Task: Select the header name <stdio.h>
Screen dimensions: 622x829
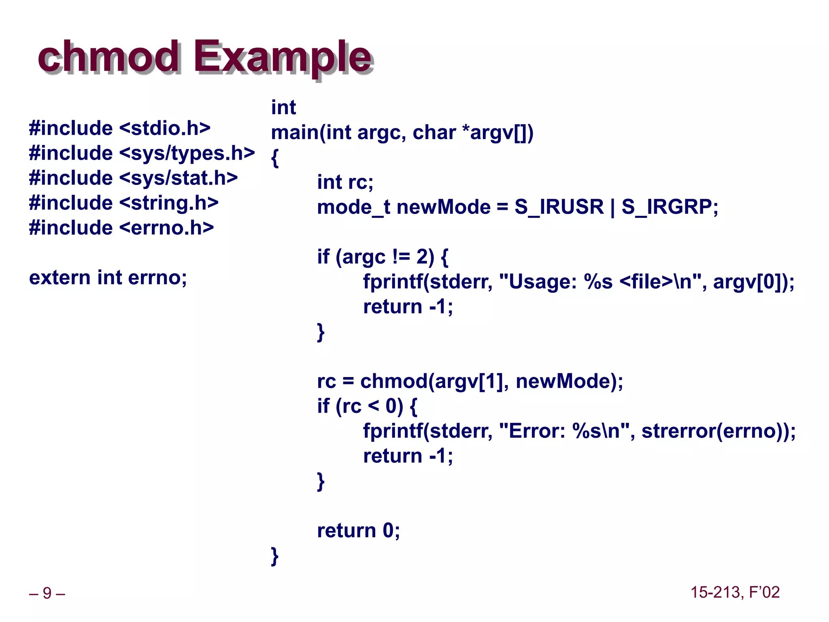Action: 165,128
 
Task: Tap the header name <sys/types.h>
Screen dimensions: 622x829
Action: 187,153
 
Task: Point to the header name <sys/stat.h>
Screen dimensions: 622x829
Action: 179,178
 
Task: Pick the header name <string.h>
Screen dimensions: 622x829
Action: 169,203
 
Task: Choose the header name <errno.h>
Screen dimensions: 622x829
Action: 166,228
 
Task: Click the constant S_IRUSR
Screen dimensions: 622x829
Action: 559,207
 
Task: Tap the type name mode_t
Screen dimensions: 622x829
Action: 353,207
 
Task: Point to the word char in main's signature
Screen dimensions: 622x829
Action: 434,132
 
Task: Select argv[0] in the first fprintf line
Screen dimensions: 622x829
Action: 748,281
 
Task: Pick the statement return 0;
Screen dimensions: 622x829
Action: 358,530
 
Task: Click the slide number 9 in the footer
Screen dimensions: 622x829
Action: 47,593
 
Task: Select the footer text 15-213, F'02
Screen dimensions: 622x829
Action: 735,592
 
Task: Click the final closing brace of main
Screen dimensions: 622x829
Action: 275,556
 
